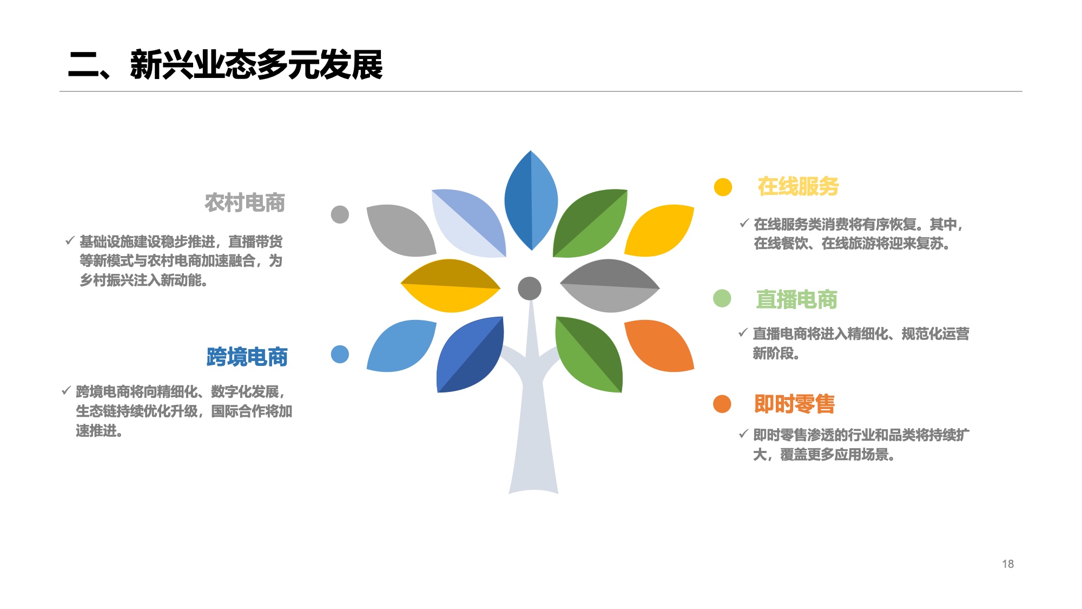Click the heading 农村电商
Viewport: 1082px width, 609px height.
point(245,202)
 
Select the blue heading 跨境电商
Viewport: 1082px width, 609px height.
point(247,357)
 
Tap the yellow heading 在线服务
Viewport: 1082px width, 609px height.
point(798,186)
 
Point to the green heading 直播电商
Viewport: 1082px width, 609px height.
point(796,299)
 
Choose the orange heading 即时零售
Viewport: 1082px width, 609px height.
point(794,404)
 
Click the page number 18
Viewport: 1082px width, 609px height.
point(1008,564)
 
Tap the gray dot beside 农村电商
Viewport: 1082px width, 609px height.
point(340,214)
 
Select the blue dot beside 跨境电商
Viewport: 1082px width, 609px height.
point(340,355)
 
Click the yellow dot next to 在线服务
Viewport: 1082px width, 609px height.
point(723,187)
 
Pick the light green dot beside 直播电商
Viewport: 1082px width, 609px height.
point(722,298)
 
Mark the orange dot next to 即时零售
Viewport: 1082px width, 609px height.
point(722,404)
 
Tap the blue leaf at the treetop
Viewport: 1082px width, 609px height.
point(531,200)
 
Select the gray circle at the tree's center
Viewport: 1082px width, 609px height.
point(530,288)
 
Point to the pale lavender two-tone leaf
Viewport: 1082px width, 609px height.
point(469,223)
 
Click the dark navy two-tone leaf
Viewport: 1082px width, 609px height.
point(470,355)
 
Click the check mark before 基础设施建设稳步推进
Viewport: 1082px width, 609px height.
point(70,240)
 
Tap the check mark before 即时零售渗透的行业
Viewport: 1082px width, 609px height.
point(744,434)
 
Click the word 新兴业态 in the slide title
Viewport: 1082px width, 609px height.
point(193,65)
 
